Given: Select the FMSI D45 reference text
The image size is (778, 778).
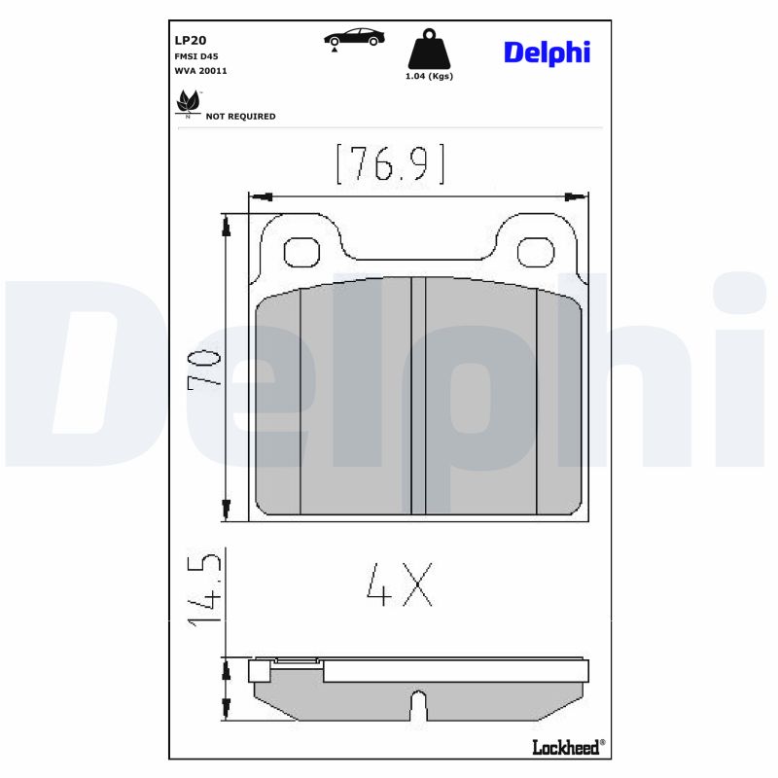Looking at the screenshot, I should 195,56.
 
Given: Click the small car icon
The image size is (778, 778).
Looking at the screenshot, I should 354,38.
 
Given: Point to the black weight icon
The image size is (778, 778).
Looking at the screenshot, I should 428,50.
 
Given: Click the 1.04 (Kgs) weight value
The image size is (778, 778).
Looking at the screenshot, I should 429,76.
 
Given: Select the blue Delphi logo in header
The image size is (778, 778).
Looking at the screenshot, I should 547,53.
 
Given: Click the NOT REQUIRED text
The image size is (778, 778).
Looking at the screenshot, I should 240,117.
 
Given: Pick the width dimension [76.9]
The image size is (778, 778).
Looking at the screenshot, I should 390,163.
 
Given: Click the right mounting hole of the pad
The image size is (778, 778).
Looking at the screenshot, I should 535,253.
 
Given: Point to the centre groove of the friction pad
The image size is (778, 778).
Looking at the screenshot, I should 418,394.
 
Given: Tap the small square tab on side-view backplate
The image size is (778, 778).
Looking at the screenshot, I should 259,671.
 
